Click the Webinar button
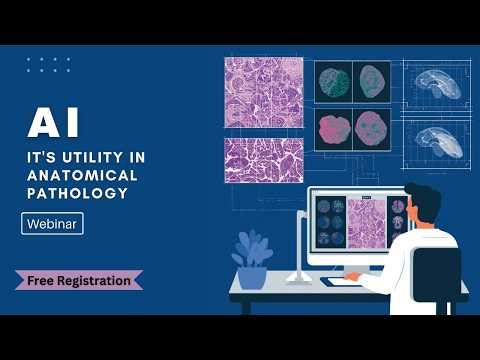[x=52, y=224]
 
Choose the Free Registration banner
[x=78, y=280]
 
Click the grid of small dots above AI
[x=48, y=65]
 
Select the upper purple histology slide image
[x=263, y=92]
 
